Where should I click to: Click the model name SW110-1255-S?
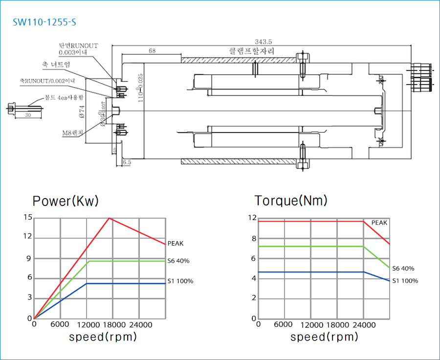[45, 22]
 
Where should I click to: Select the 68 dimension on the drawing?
[152, 51]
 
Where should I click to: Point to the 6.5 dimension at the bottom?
[127, 161]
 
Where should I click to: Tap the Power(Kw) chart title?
[66, 201]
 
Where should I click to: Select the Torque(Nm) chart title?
[291, 201]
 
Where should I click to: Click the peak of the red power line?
[109, 218]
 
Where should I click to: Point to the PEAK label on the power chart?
[176, 243]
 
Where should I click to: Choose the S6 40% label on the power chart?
[178, 261]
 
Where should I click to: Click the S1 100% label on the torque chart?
[405, 281]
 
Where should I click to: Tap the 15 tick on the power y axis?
[28, 217]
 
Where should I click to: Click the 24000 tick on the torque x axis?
[362, 325]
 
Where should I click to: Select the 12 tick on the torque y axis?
[252, 217]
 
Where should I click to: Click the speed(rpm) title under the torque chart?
[324, 337]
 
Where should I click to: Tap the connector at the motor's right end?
[421, 76]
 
